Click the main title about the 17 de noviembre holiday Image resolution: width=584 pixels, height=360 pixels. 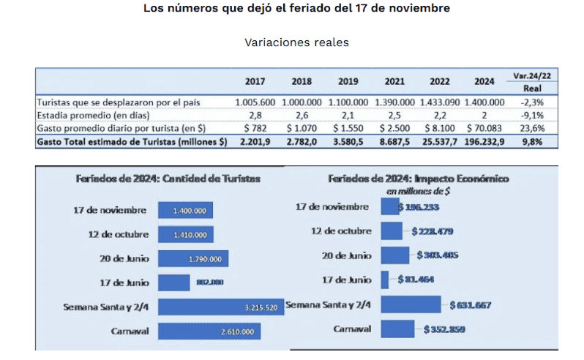[x=296, y=9]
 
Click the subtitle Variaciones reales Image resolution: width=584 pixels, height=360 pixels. [x=296, y=42]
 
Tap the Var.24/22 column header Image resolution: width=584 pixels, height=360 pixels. [x=532, y=75]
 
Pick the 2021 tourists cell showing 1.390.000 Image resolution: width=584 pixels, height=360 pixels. [x=393, y=102]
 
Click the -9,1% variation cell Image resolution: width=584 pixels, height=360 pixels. [x=531, y=116]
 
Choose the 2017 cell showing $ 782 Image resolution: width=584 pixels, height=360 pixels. [x=255, y=128]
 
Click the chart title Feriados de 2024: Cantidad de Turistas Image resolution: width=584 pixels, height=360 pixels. [x=168, y=179]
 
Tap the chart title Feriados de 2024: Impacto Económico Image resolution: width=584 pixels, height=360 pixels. [x=419, y=179]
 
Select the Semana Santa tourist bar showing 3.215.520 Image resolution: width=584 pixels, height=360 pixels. [x=220, y=307]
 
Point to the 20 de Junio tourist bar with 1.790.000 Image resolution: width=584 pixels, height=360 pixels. [x=194, y=259]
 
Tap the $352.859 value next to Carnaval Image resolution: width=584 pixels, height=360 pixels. [x=445, y=329]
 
